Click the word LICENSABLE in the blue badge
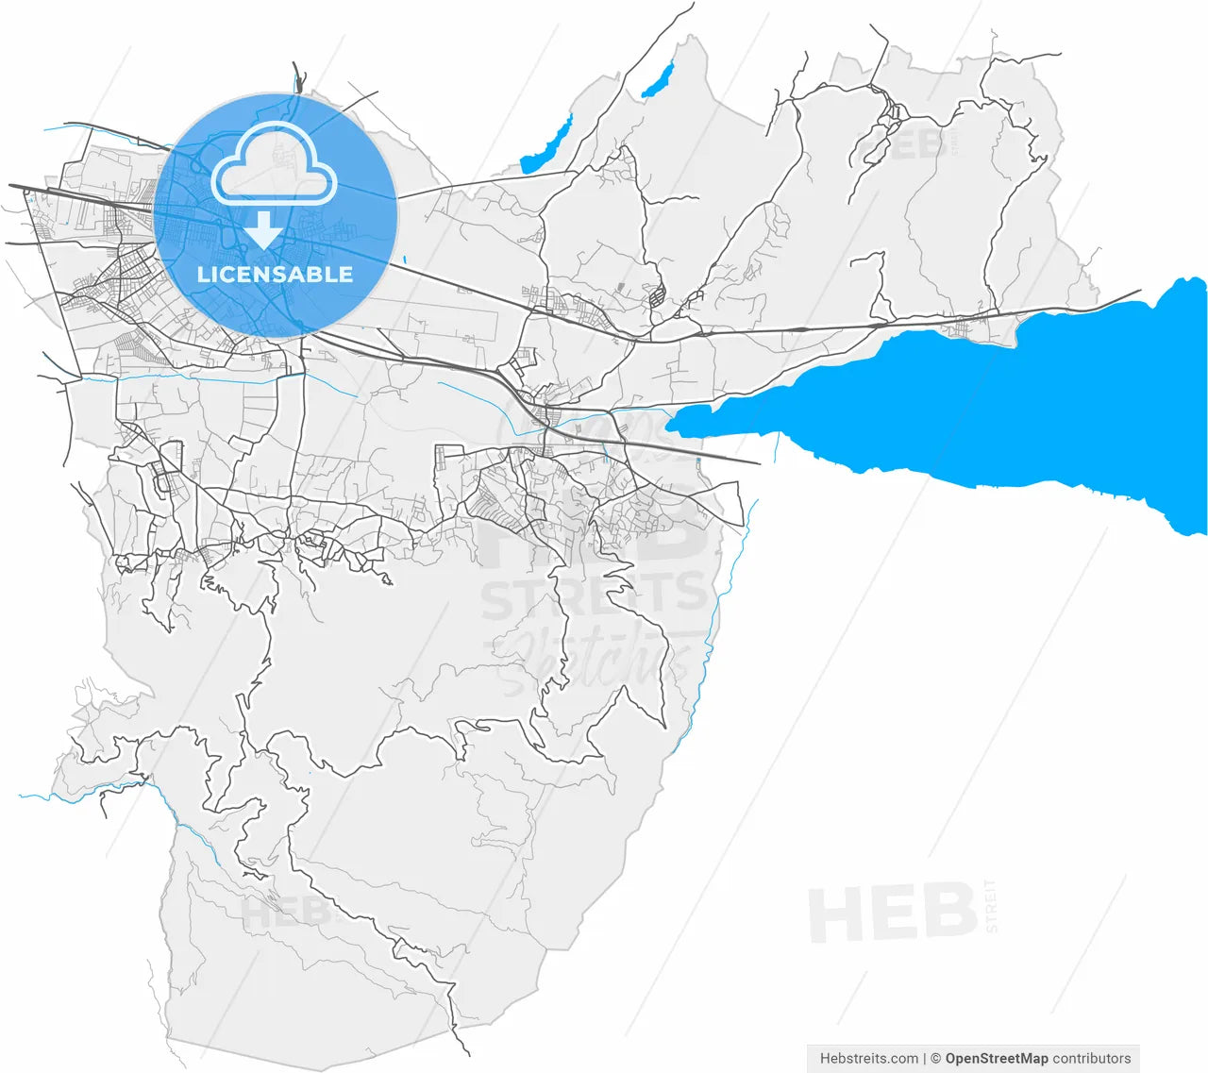tap(275, 275)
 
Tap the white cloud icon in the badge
tap(274, 166)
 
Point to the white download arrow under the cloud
tap(264, 229)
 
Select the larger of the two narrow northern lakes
tap(547, 146)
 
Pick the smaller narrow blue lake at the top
tap(659, 79)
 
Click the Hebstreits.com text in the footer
tap(868, 1058)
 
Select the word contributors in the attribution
tap(1092, 1058)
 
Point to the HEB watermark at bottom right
tap(892, 914)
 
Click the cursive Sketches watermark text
tap(590, 656)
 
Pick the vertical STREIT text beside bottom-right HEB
tap(991, 906)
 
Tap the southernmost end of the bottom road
tap(468, 1054)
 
